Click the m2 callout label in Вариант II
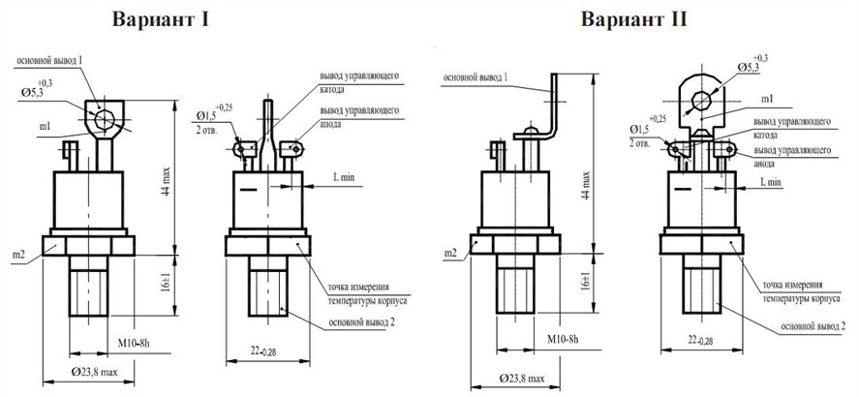click(x=449, y=253)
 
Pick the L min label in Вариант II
click(x=773, y=181)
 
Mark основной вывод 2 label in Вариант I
click(x=358, y=322)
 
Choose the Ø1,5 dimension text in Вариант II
click(x=639, y=129)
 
